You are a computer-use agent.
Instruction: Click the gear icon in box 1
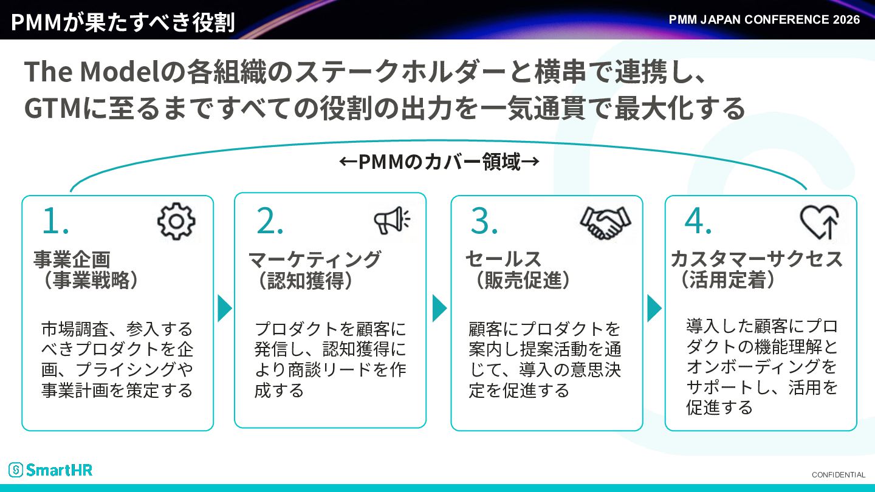click(x=176, y=221)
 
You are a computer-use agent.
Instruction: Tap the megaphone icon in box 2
click(x=392, y=220)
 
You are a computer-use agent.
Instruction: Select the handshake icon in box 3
click(x=605, y=222)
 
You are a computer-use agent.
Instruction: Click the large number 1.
click(x=55, y=220)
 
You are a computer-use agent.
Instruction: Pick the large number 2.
click(x=270, y=220)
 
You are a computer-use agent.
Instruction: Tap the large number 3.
click(x=484, y=220)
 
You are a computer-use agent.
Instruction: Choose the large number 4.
click(x=698, y=220)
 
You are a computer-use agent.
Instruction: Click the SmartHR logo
click(x=50, y=470)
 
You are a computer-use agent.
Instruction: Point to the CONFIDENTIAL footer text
click(x=839, y=475)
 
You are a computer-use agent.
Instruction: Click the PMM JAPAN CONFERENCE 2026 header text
click(x=764, y=19)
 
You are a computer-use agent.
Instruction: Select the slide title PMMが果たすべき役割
click(x=123, y=22)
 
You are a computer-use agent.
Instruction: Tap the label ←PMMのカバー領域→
click(x=439, y=162)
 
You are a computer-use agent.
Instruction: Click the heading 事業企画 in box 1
click(x=72, y=259)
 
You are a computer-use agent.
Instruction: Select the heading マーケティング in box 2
click(x=315, y=259)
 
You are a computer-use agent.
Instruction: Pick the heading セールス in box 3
click(x=503, y=259)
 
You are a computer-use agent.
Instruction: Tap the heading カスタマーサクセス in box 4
click(x=757, y=259)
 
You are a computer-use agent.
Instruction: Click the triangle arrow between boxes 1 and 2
click(x=225, y=309)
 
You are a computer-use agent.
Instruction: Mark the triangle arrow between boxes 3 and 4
click(x=654, y=309)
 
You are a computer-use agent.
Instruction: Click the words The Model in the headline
click(x=92, y=72)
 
